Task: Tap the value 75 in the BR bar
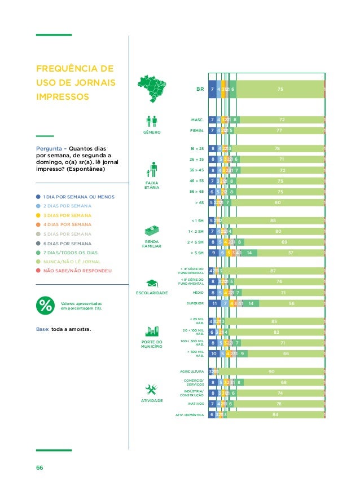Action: coord(280,89)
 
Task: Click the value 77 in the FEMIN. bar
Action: coord(279,130)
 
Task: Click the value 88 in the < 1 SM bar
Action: coord(273,220)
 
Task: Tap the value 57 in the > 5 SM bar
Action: coord(290,253)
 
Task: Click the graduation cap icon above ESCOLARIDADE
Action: coord(152,283)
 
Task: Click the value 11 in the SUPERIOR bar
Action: coord(214,303)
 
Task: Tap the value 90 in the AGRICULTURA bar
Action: coord(272,372)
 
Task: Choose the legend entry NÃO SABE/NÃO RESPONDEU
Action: coord(77,271)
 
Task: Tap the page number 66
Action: coord(39,467)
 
